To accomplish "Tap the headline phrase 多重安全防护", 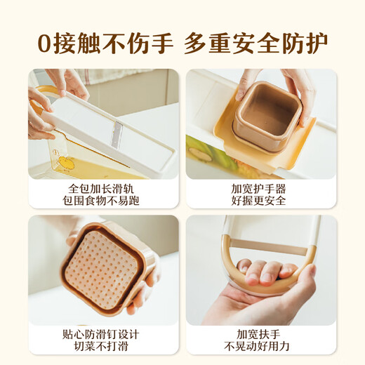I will pos(256,44).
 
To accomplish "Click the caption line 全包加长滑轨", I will pos(103,188).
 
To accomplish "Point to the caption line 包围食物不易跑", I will pos(103,202).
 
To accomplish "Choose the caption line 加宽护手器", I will pos(261,188).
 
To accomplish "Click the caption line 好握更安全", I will pos(261,202).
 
